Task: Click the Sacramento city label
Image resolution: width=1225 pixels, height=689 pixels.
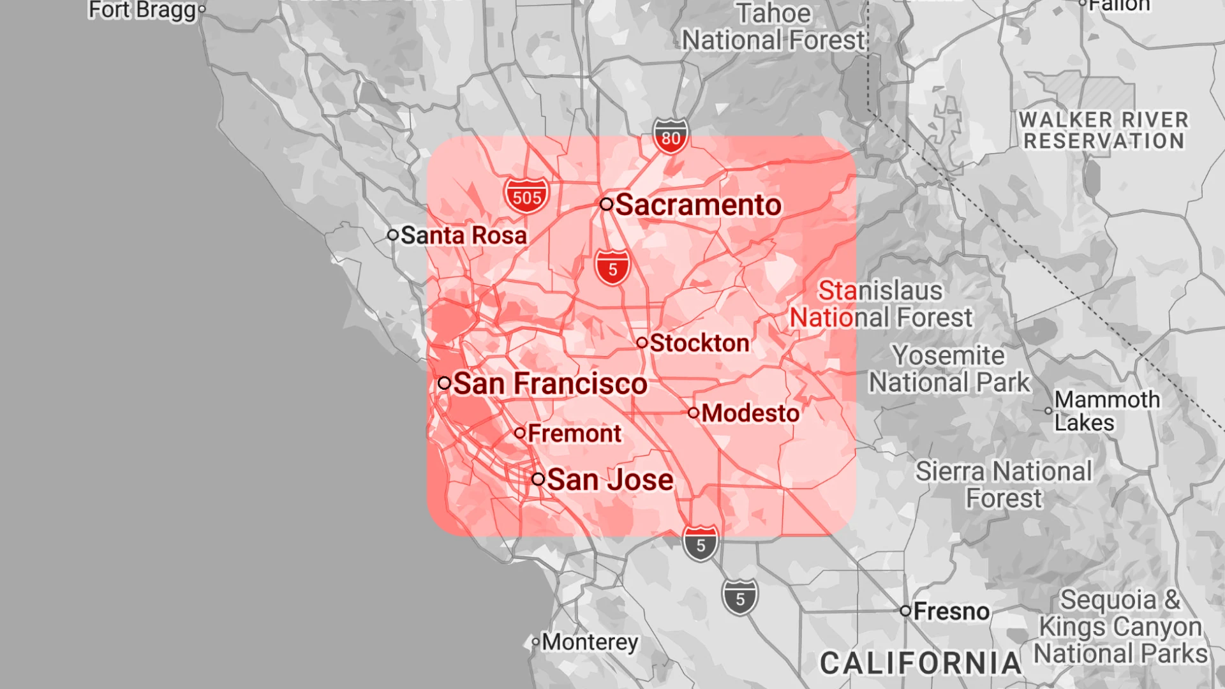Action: tap(698, 205)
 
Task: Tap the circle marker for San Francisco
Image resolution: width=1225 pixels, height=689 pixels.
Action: tap(445, 383)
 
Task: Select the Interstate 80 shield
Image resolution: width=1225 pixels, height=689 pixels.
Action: tap(671, 137)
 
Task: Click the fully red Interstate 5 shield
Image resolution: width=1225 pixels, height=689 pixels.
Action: tap(612, 268)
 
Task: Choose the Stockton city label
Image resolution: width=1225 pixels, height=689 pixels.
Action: tap(699, 343)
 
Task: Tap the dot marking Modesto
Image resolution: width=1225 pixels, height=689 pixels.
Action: tap(694, 413)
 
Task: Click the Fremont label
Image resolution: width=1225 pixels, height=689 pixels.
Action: tap(574, 434)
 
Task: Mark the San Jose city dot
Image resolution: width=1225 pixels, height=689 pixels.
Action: tap(538, 479)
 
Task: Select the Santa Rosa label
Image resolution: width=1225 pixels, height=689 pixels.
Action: tap(464, 235)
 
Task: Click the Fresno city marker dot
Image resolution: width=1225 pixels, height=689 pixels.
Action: tap(905, 611)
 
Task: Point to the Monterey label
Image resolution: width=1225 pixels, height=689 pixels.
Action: tap(590, 642)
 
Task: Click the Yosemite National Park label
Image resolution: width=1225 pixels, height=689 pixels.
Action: tap(949, 369)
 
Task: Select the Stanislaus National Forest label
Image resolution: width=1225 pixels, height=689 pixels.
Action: tap(881, 304)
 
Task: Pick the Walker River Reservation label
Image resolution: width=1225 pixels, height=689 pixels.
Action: tap(1104, 130)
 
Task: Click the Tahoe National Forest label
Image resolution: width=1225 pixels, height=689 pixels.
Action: tap(773, 27)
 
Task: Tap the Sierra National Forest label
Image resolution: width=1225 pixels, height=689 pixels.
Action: tap(1004, 484)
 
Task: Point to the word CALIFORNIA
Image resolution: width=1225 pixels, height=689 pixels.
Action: tap(921, 663)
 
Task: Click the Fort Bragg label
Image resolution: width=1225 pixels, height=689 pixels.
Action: tap(142, 10)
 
